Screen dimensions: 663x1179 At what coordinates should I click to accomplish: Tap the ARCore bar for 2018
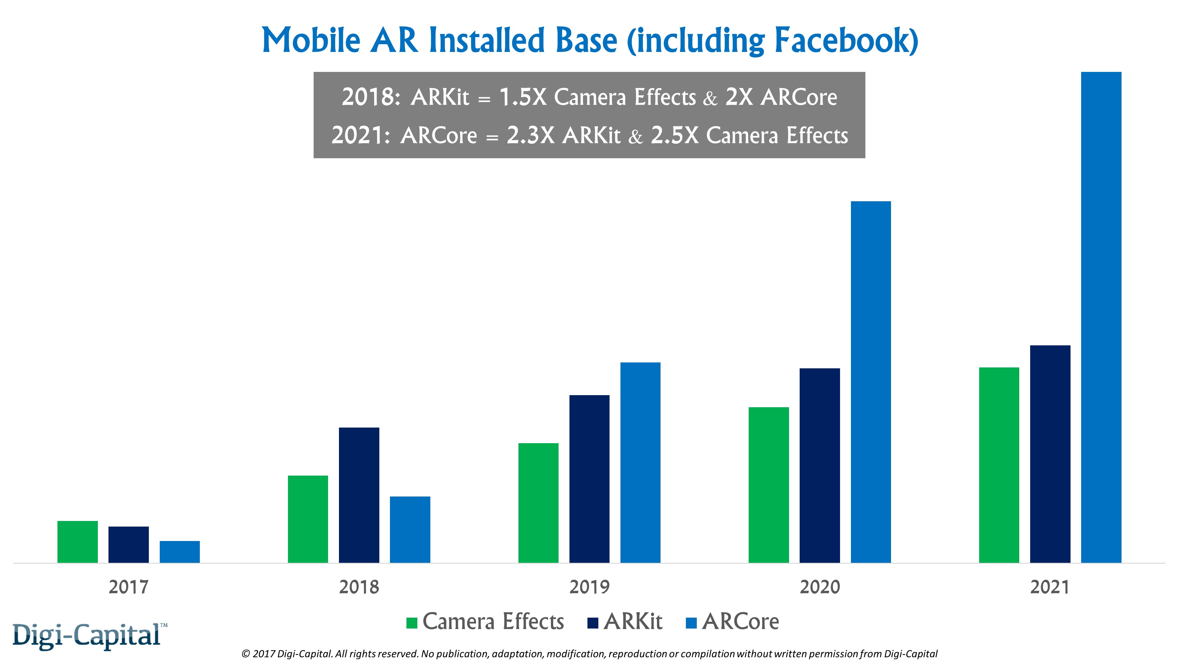410,530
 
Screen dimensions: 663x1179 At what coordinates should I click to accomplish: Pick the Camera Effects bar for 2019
538,503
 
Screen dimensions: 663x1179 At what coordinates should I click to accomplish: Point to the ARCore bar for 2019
640,463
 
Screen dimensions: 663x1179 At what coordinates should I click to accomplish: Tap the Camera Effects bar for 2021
999,465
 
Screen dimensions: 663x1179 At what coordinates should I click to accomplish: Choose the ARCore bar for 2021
1101,317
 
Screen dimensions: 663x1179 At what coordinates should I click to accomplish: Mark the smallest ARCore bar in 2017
180,552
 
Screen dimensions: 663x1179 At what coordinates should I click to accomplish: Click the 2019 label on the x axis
589,587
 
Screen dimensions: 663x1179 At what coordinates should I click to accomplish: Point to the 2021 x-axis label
1050,587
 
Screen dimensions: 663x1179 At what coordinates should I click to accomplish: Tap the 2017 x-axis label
129,587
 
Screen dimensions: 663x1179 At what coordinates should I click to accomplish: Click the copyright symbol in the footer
246,654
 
